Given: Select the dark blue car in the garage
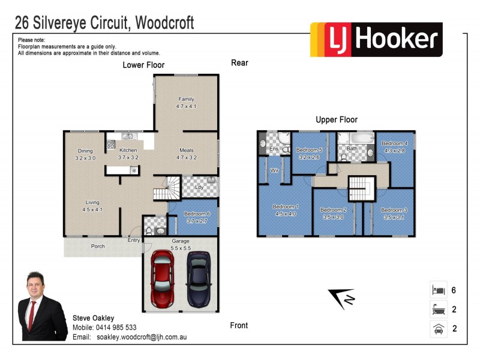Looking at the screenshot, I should click(x=198, y=278).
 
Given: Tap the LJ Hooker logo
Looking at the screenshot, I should click(x=376, y=40).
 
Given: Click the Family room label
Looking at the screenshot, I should click(x=186, y=103).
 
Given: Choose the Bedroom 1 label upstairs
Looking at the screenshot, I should click(x=286, y=209).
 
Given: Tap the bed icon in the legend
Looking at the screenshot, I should click(x=437, y=290).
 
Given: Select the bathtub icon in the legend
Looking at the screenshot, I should click(x=437, y=310).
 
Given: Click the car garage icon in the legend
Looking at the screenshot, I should click(x=437, y=329).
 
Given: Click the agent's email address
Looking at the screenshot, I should click(x=142, y=337).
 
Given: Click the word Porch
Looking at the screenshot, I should click(x=97, y=246).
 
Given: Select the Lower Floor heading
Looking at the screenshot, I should click(x=143, y=65).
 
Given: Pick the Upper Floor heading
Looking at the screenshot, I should click(x=337, y=119).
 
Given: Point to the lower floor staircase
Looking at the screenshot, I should click(x=167, y=188).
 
